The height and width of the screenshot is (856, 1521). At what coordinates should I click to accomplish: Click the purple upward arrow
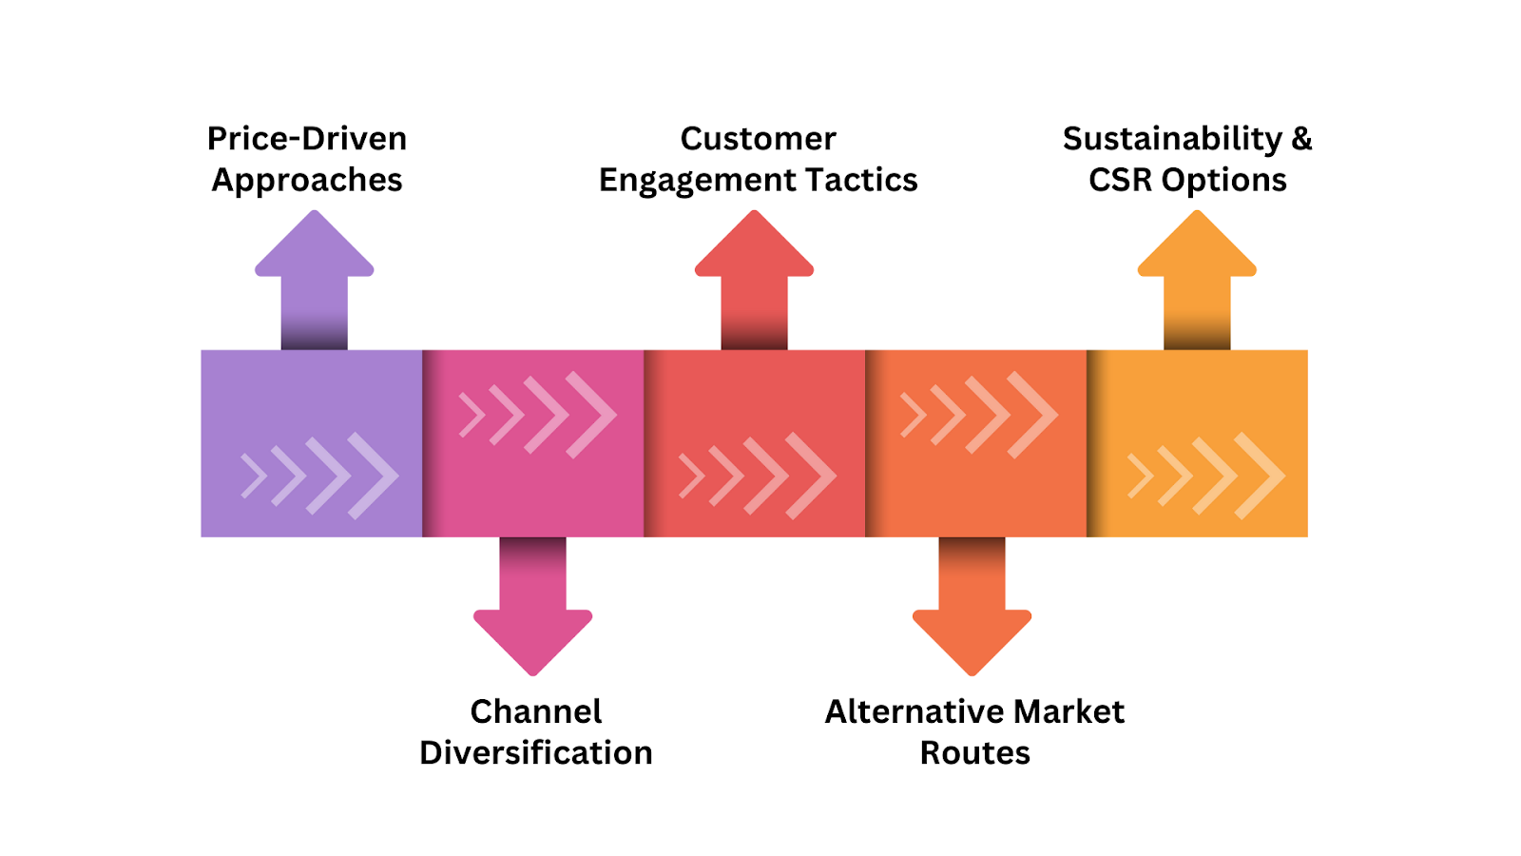coord(315,280)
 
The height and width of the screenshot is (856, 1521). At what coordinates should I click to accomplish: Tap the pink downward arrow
coord(533,607)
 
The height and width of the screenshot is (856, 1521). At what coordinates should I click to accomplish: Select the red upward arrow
coord(755,280)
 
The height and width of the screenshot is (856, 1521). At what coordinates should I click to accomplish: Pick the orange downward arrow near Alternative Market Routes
coord(972,607)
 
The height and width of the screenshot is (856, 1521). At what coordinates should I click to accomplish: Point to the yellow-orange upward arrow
coord(1197,280)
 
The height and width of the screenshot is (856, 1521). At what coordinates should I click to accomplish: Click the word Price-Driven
coord(307,139)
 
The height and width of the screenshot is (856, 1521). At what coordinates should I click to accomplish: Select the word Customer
coord(758,139)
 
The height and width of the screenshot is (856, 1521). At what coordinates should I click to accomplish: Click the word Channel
coord(536,712)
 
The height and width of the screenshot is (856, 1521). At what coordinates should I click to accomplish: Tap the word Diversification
coord(536,752)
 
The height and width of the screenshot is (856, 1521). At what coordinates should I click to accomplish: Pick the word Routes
coord(975,752)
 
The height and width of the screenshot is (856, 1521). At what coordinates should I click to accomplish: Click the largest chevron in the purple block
coord(374,476)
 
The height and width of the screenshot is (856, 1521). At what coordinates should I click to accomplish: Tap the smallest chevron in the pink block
coord(472,415)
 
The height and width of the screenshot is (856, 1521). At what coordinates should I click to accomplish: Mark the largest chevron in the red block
coord(811,476)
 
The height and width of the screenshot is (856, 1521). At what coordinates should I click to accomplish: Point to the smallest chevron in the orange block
coord(914,415)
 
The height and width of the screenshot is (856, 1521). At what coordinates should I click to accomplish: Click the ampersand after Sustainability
coord(1301,139)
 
